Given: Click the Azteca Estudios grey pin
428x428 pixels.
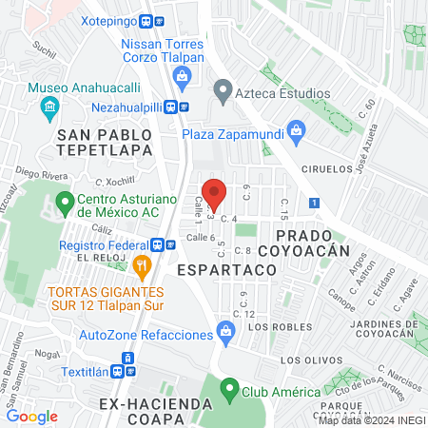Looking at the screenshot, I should coord(223,93).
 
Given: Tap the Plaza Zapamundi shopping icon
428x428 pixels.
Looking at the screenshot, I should coord(296,129).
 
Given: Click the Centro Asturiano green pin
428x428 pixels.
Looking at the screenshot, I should coord(66,202).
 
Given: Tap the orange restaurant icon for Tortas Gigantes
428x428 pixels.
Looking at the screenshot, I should coord(142,264).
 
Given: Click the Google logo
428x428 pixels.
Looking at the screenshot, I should coord(31,416).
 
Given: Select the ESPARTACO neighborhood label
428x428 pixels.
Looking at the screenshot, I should coord(226,270).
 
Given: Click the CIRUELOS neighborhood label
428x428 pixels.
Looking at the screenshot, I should coord(321,170).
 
